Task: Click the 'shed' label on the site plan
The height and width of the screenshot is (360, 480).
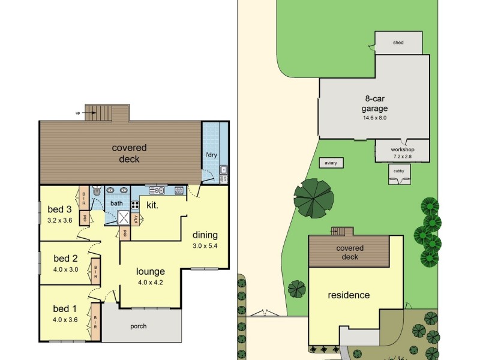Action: click(x=398, y=43)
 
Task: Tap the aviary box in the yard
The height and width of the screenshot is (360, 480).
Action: click(x=330, y=163)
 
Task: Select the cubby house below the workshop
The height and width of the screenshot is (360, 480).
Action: click(x=399, y=172)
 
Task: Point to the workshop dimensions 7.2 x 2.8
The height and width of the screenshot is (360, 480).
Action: click(x=402, y=156)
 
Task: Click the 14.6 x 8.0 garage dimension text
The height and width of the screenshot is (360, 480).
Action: click(x=375, y=118)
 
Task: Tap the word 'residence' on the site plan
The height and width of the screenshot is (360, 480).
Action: click(x=349, y=295)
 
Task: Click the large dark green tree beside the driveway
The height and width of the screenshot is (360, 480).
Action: click(x=313, y=198)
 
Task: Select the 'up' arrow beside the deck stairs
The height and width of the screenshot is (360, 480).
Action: click(x=77, y=113)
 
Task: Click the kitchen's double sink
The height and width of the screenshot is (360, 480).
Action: click(x=157, y=190)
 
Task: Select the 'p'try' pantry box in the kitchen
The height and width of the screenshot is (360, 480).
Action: click(x=136, y=218)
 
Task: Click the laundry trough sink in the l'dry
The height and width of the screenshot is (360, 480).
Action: click(x=223, y=170)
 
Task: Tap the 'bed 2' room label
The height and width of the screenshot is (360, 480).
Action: click(x=66, y=259)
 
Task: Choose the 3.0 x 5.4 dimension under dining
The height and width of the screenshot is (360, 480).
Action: click(x=205, y=245)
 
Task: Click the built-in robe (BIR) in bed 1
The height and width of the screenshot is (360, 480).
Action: click(x=95, y=318)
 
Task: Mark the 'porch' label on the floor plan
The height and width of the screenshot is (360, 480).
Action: click(x=138, y=326)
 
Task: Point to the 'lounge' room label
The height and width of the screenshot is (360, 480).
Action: click(x=150, y=271)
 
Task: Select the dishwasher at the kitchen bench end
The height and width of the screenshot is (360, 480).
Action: click(x=179, y=190)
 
